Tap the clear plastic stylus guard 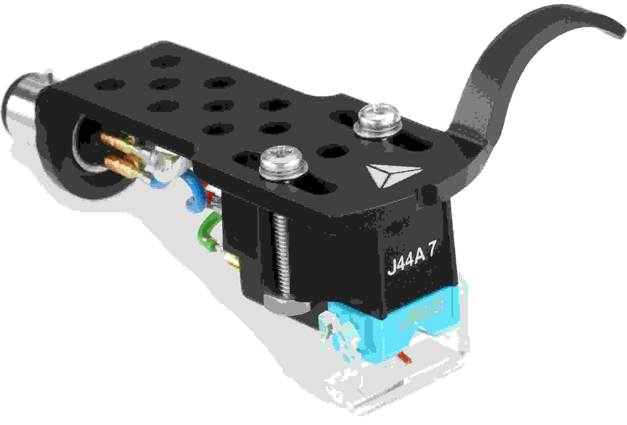pyautogui.click(x=399, y=388)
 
